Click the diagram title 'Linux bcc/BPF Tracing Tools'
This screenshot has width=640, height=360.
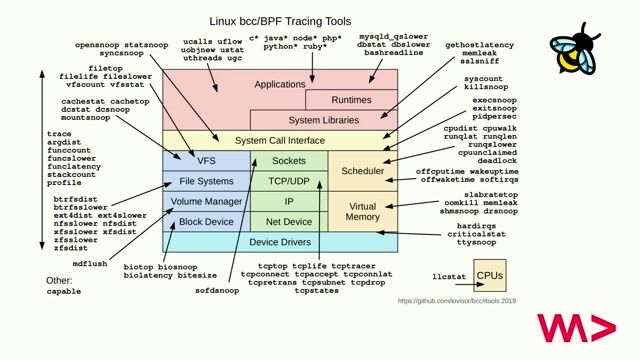(x=279, y=19)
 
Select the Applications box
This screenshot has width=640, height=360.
(x=279, y=85)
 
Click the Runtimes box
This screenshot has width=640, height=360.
(x=351, y=100)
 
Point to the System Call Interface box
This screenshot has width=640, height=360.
(x=279, y=140)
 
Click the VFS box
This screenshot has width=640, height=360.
(x=206, y=160)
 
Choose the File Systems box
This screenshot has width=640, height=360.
(x=206, y=181)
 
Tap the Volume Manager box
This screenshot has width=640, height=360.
(x=206, y=201)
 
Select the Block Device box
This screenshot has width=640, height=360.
(x=206, y=221)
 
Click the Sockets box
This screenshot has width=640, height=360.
(x=288, y=160)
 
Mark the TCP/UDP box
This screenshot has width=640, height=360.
(x=288, y=181)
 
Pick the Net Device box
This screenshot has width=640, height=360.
(x=288, y=221)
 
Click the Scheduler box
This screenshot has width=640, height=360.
(x=362, y=171)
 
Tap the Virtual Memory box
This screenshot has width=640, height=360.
(x=362, y=211)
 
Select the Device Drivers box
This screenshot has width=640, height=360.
(x=279, y=242)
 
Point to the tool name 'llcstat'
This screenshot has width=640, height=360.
(x=449, y=273)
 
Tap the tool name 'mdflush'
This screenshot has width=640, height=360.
(x=90, y=263)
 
